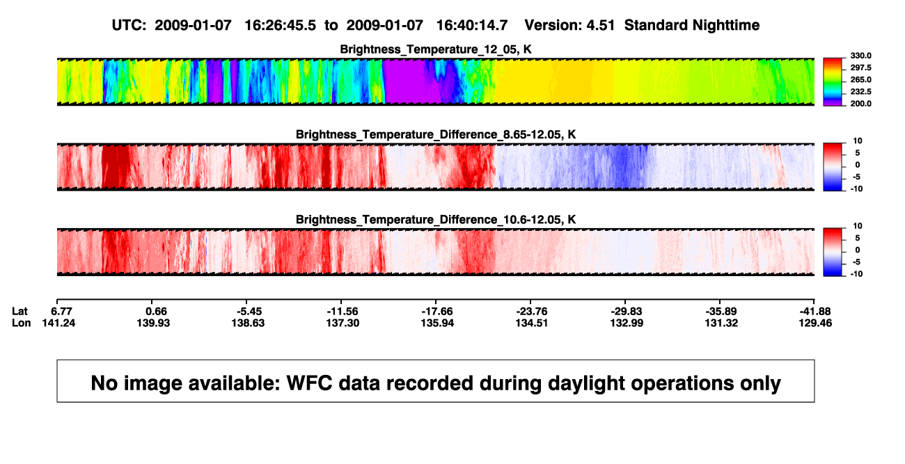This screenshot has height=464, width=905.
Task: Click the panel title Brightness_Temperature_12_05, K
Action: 436,49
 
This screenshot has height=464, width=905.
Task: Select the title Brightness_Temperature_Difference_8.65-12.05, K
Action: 436,134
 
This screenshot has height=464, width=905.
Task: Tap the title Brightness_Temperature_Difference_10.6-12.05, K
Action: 436,220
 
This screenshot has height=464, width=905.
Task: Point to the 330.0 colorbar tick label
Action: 860,56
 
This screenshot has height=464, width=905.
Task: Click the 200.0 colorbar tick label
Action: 860,104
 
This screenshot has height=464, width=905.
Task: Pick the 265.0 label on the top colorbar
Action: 860,79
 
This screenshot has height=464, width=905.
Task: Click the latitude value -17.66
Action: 437,312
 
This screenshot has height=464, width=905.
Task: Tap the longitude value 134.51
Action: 531,323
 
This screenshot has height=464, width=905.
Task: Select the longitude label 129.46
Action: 815,323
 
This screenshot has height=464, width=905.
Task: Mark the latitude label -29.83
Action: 627,312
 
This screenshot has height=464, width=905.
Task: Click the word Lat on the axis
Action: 19,312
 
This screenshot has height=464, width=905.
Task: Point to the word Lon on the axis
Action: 21,323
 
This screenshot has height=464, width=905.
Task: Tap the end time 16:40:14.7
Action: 472,26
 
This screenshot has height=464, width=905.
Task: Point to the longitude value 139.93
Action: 153,323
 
